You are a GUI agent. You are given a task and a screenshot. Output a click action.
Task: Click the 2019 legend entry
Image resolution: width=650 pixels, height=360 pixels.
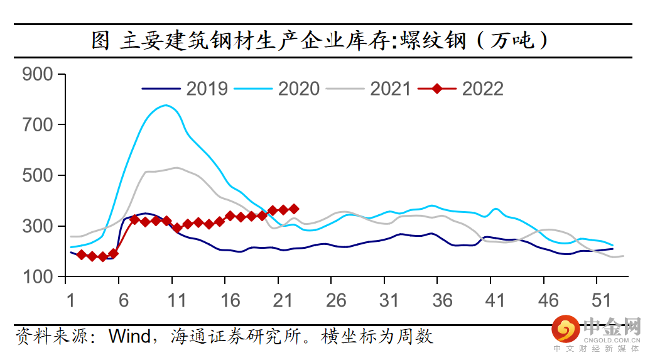click(207, 89)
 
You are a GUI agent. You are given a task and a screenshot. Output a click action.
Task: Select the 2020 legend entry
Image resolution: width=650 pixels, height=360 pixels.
click(298, 89)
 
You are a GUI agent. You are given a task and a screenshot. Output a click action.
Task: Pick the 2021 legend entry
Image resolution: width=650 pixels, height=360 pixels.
click(390, 89)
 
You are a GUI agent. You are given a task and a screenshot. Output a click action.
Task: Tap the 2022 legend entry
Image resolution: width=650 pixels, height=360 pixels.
click(482, 89)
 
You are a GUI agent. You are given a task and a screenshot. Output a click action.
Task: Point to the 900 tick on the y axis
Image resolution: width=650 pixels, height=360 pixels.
click(40, 74)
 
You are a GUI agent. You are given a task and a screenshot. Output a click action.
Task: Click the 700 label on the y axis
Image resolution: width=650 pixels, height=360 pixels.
click(40, 125)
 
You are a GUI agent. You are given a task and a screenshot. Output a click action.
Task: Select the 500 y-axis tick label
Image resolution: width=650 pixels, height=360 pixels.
click(40, 175)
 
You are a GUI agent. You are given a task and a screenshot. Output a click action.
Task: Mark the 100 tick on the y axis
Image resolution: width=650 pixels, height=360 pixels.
click(40, 276)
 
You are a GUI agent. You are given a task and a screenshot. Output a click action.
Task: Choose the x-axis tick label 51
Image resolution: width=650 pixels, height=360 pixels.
click(602, 300)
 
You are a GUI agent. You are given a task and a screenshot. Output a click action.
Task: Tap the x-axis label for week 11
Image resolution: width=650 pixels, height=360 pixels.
click(177, 300)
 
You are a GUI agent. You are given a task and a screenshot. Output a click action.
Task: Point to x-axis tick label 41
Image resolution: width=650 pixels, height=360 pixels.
click(496, 300)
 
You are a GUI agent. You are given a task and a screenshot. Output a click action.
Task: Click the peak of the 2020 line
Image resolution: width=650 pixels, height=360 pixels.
click(166, 105)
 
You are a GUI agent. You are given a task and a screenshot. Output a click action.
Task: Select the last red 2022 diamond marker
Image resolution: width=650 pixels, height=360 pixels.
click(294, 209)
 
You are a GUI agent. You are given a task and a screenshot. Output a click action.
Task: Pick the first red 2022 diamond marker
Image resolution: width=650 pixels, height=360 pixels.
click(82, 254)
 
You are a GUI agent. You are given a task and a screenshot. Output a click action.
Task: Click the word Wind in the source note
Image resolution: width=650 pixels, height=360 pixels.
click(129, 336)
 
